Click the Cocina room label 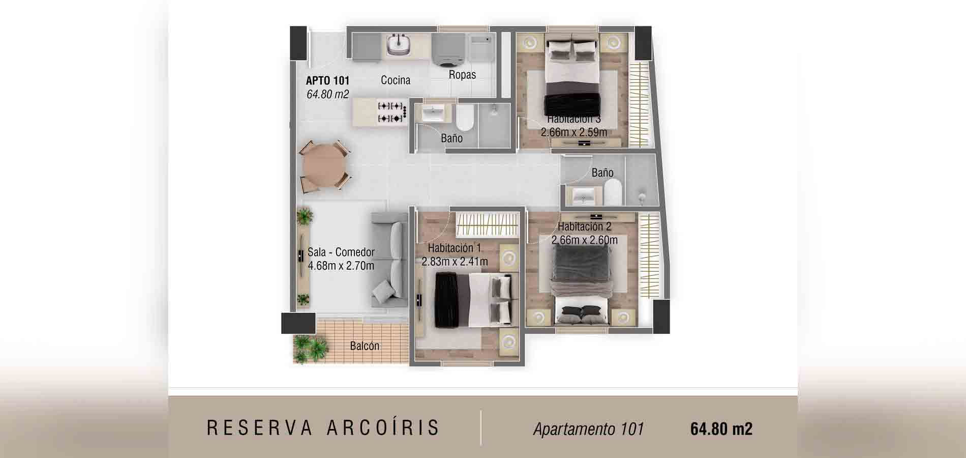(x=395, y=80)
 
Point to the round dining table (x=324, y=166)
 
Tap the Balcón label (x=365, y=346)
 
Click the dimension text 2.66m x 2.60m (x=584, y=240)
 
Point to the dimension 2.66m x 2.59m (x=573, y=132)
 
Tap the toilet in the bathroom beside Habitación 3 (x=464, y=118)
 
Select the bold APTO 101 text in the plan (x=327, y=80)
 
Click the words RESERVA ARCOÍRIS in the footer (x=323, y=428)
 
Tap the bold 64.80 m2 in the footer (x=721, y=429)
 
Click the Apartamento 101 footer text (x=588, y=429)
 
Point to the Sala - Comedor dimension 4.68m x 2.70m (x=341, y=266)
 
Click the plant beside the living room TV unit (x=304, y=217)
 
